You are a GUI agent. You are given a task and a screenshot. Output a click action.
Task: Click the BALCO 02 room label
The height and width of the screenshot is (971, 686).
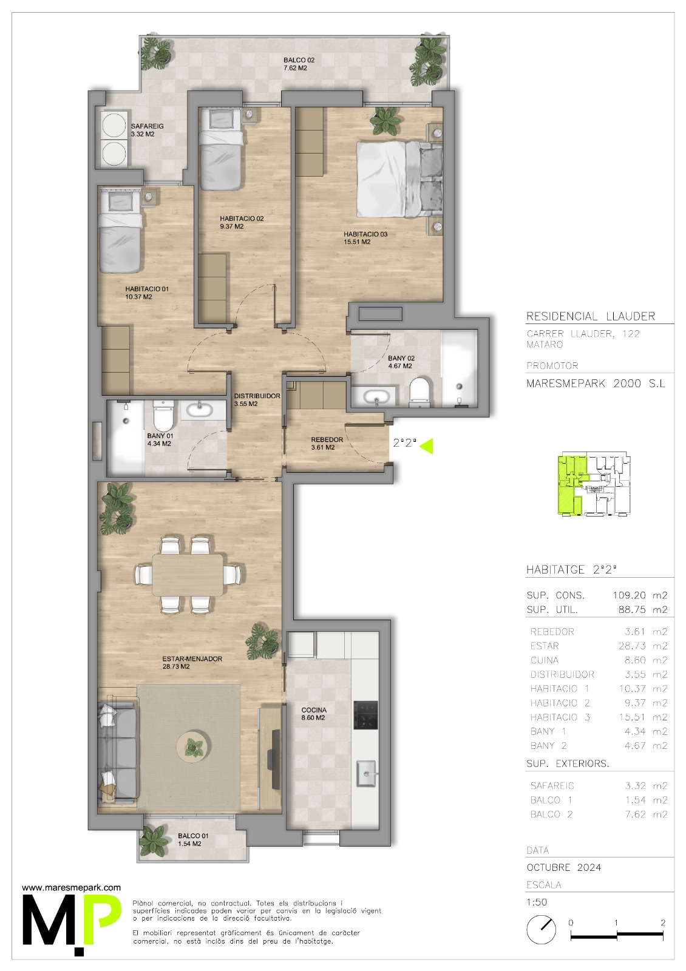(x=299, y=60)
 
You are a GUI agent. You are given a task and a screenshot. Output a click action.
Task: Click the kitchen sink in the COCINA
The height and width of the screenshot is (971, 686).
(x=367, y=773)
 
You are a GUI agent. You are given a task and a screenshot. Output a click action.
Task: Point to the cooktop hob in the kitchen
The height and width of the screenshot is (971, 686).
(x=365, y=716)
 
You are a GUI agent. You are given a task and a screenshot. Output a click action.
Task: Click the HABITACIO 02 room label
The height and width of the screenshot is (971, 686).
(x=242, y=219)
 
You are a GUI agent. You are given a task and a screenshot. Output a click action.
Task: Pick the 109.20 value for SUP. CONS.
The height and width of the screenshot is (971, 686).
(x=629, y=595)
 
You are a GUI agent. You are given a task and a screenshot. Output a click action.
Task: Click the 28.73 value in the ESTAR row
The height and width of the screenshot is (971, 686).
(x=631, y=646)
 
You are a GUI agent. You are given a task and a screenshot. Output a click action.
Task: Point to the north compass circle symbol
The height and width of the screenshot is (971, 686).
(x=541, y=929)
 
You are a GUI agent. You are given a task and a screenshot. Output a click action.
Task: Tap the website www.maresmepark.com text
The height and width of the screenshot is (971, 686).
(x=72, y=888)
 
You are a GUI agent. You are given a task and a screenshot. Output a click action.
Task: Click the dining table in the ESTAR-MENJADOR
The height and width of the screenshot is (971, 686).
(x=188, y=575)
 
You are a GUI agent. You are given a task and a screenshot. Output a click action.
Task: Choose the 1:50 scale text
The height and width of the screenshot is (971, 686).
(x=537, y=902)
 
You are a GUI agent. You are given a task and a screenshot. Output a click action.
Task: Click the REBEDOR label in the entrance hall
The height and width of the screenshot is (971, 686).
(x=327, y=439)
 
